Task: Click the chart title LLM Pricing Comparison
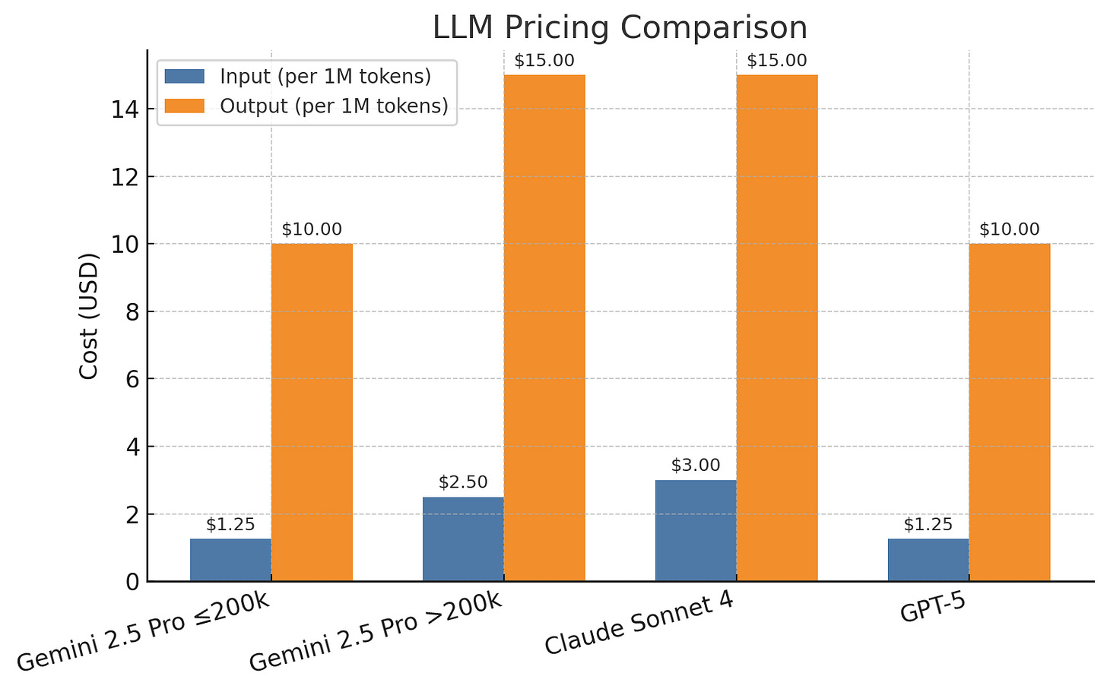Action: tap(620, 28)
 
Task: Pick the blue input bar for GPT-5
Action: tap(928, 560)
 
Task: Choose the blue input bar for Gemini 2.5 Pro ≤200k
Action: tap(230, 560)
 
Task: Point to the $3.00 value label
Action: tap(695, 466)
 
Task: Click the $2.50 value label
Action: tap(463, 482)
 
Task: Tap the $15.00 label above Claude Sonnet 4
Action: tap(776, 61)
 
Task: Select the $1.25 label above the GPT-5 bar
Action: tap(928, 525)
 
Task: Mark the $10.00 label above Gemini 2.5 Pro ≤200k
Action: tap(312, 229)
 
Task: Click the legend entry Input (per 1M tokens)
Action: tap(325, 77)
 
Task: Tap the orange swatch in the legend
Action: tap(185, 106)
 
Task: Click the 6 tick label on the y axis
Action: tap(131, 379)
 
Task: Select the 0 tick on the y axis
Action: tap(131, 582)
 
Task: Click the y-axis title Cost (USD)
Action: tap(89, 316)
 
